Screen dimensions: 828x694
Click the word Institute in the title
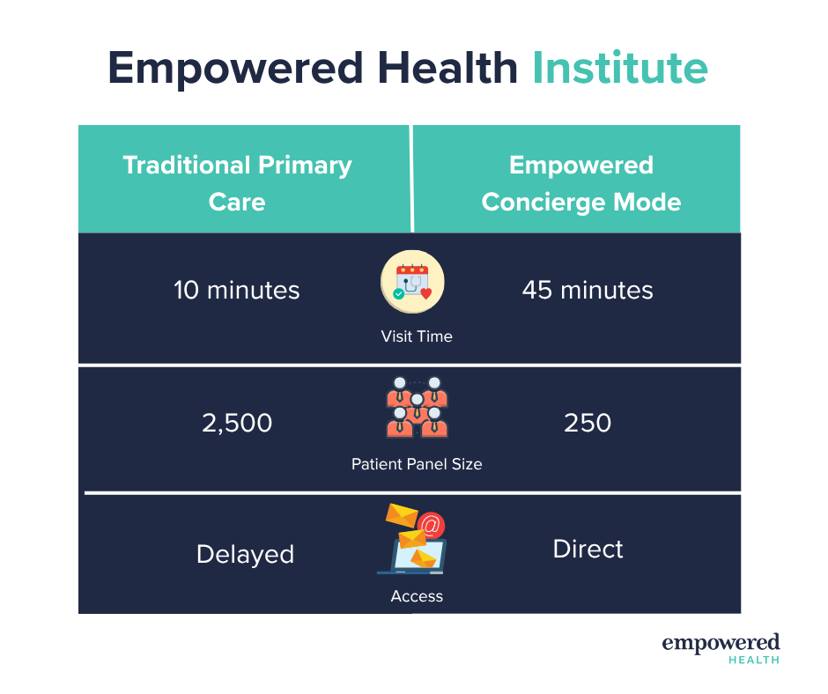pyautogui.click(x=620, y=68)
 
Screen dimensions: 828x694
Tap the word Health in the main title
pyautogui.click(x=447, y=68)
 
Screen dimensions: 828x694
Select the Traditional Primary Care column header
pyautogui.click(x=237, y=183)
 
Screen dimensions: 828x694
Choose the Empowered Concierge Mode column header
pyautogui.click(x=581, y=183)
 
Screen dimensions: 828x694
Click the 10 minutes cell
pyautogui.click(x=237, y=290)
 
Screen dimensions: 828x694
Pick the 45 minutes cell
pyautogui.click(x=588, y=290)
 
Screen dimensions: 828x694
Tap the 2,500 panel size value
pyautogui.click(x=237, y=423)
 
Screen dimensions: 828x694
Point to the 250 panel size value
pyautogui.click(x=588, y=423)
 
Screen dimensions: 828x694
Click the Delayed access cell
pyautogui.click(x=245, y=555)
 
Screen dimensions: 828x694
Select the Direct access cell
pyautogui.click(x=588, y=550)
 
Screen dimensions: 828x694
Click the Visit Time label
pyautogui.click(x=417, y=336)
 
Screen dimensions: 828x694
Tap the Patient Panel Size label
pyautogui.click(x=417, y=464)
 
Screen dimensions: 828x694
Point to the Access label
pyautogui.click(x=417, y=596)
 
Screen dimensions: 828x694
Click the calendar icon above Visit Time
pyautogui.click(x=412, y=282)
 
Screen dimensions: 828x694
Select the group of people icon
pyautogui.click(x=418, y=407)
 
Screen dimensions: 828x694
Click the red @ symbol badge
pyautogui.click(x=431, y=526)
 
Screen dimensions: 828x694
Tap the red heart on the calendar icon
pyautogui.click(x=426, y=293)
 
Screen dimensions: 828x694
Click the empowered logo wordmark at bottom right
pyautogui.click(x=721, y=644)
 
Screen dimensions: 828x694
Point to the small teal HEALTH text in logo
pyautogui.click(x=754, y=660)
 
